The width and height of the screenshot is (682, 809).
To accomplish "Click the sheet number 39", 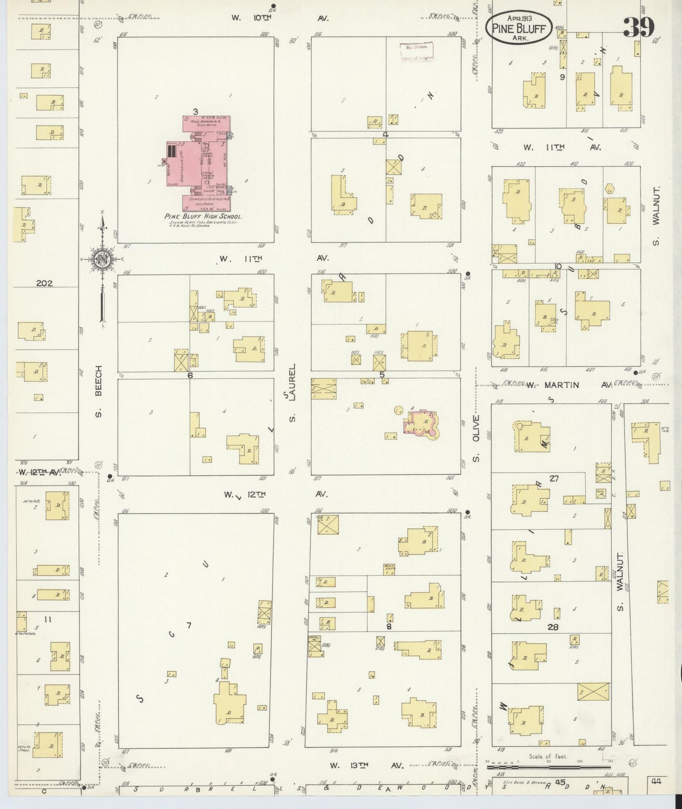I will point(639,27).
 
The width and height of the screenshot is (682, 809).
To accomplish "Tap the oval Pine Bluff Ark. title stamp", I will point(519,27).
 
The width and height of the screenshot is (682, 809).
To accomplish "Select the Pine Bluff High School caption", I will point(203,217).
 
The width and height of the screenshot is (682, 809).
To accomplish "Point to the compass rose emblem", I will point(101,259).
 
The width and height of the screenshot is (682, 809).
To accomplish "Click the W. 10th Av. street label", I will point(279,18).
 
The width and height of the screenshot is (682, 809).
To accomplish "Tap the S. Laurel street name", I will point(292,393).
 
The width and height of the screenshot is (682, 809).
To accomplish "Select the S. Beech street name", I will point(99,391).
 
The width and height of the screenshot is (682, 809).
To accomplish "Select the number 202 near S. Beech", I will point(44,284).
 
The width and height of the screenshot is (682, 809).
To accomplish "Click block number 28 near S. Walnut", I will point(553,627).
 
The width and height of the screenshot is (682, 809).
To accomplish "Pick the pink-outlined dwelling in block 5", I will point(420,421).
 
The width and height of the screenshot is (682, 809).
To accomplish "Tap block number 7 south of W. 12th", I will point(189,625).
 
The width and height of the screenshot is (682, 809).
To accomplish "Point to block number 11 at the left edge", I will point(47,619).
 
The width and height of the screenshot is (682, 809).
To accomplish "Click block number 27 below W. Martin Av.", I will point(554,479).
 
